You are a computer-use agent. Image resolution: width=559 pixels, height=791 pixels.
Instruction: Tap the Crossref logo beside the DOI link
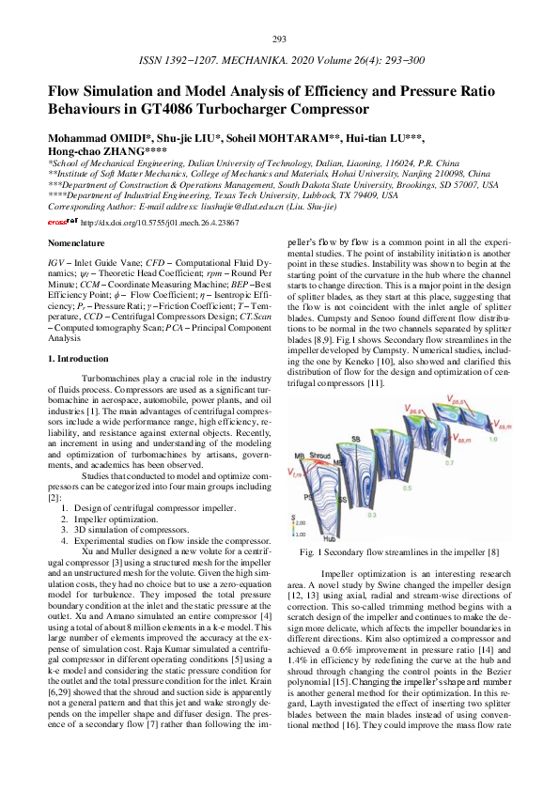click(x=63, y=223)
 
